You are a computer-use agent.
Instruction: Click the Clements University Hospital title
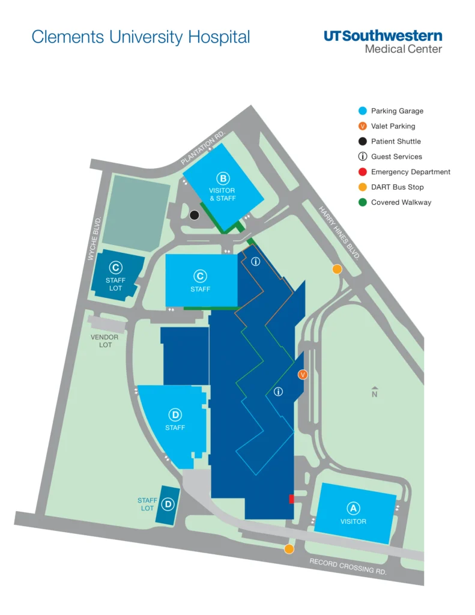pyautogui.click(x=141, y=37)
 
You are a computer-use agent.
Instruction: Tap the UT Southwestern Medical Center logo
pyautogui.click(x=383, y=41)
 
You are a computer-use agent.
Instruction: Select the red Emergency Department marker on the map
pyautogui.click(x=291, y=498)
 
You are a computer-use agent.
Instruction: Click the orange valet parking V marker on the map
pyautogui.click(x=303, y=375)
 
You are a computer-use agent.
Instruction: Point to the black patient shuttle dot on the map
pyautogui.click(x=194, y=215)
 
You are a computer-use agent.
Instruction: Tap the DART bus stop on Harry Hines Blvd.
pyautogui.click(x=337, y=269)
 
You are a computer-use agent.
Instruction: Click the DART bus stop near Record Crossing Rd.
pyautogui.click(x=289, y=549)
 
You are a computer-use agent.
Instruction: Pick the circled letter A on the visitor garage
pyautogui.click(x=354, y=508)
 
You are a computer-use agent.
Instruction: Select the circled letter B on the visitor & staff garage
pyautogui.click(x=223, y=178)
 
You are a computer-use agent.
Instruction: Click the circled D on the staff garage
pyautogui.click(x=175, y=414)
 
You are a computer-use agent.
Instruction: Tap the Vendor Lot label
pyautogui.click(x=104, y=341)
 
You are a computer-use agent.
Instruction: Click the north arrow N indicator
pyautogui.click(x=375, y=392)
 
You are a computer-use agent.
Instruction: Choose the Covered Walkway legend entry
pyautogui.click(x=401, y=202)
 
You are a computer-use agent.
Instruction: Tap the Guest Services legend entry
pyautogui.click(x=396, y=157)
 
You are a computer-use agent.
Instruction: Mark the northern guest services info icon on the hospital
pyautogui.click(x=255, y=261)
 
